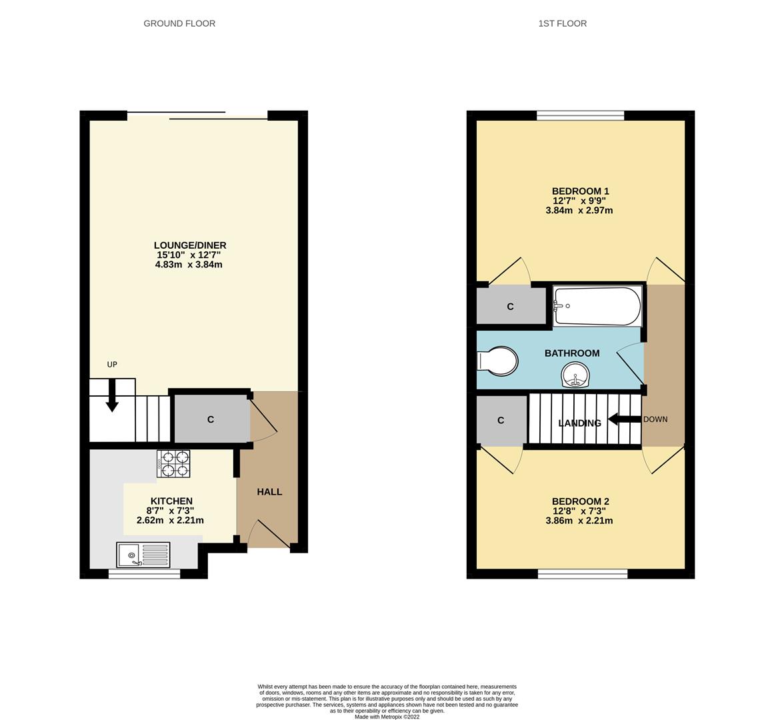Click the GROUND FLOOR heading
179,23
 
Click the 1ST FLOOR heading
563,23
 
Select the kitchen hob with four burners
173,463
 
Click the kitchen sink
143,554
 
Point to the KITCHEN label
171,501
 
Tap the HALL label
269,492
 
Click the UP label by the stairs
112,365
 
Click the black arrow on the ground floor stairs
112,395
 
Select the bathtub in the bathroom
597,306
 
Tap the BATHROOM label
572,353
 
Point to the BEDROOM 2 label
580,501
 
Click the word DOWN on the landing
655,419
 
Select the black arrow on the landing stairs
623,420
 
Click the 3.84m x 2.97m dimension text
579,211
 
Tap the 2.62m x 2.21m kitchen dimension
170,521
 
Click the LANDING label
579,423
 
